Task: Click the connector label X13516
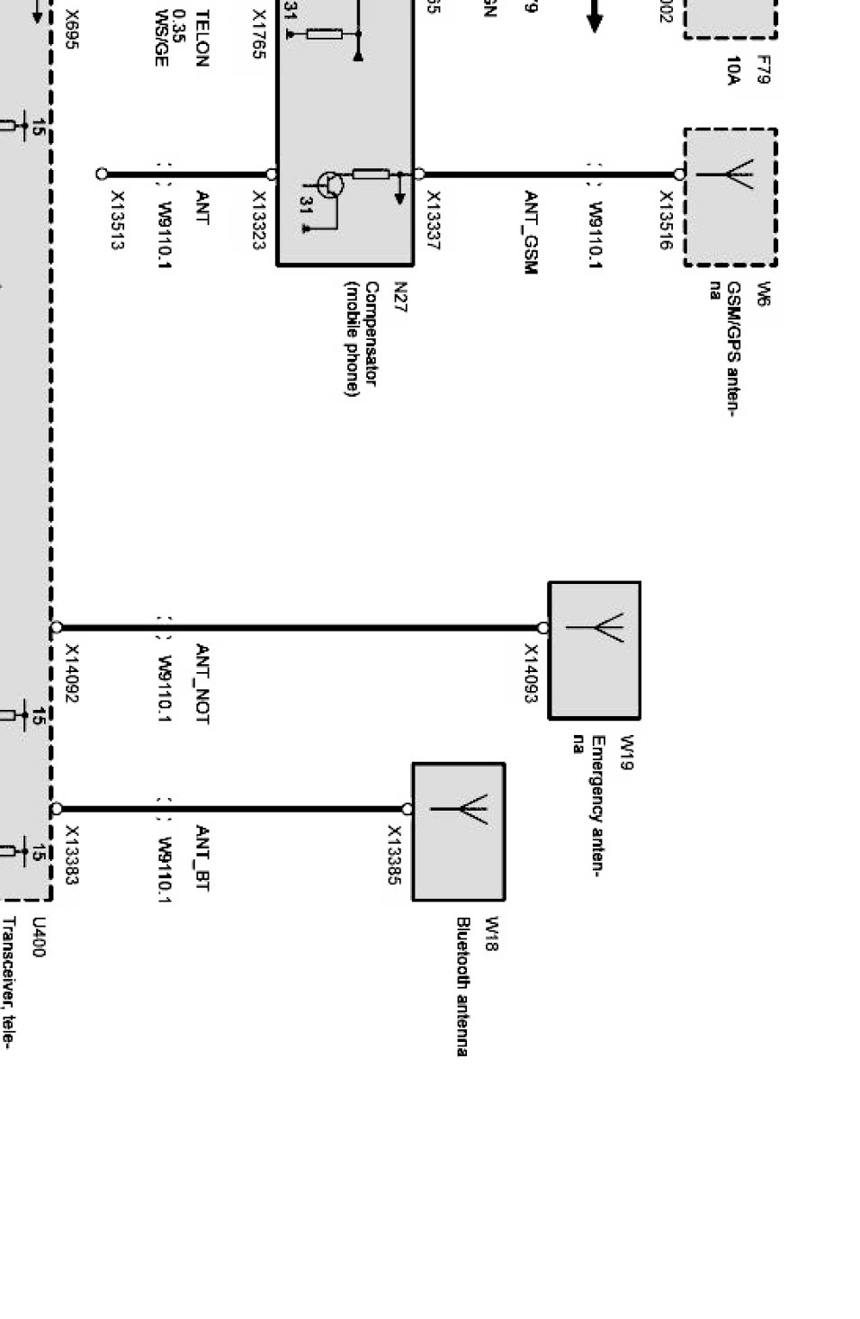667,220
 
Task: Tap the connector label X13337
433,220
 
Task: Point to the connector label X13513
117,220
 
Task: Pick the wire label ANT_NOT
202,684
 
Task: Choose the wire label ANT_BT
202,858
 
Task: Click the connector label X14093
531,674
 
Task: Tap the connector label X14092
72,674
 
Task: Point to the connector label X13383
72,856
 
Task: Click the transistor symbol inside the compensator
331,184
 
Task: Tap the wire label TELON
202,38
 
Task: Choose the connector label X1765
258,34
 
